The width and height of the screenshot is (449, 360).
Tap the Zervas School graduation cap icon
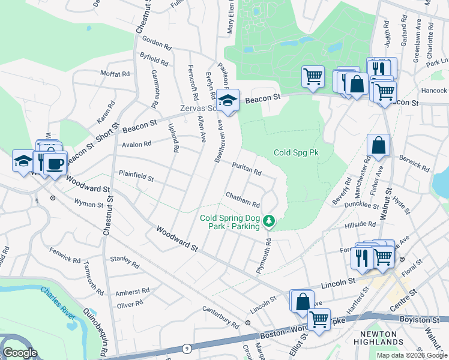click(228, 100)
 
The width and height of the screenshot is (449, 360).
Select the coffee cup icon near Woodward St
click(55, 164)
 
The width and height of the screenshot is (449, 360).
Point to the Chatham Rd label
click(243, 200)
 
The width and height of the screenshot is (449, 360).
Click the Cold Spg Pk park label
click(296, 153)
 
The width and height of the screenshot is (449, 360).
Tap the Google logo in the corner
click(20, 353)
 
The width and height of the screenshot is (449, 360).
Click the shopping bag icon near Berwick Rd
click(378, 145)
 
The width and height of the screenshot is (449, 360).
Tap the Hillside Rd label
click(360, 224)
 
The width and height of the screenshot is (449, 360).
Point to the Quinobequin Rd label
click(95, 332)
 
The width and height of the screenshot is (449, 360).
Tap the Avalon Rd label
click(136, 144)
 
